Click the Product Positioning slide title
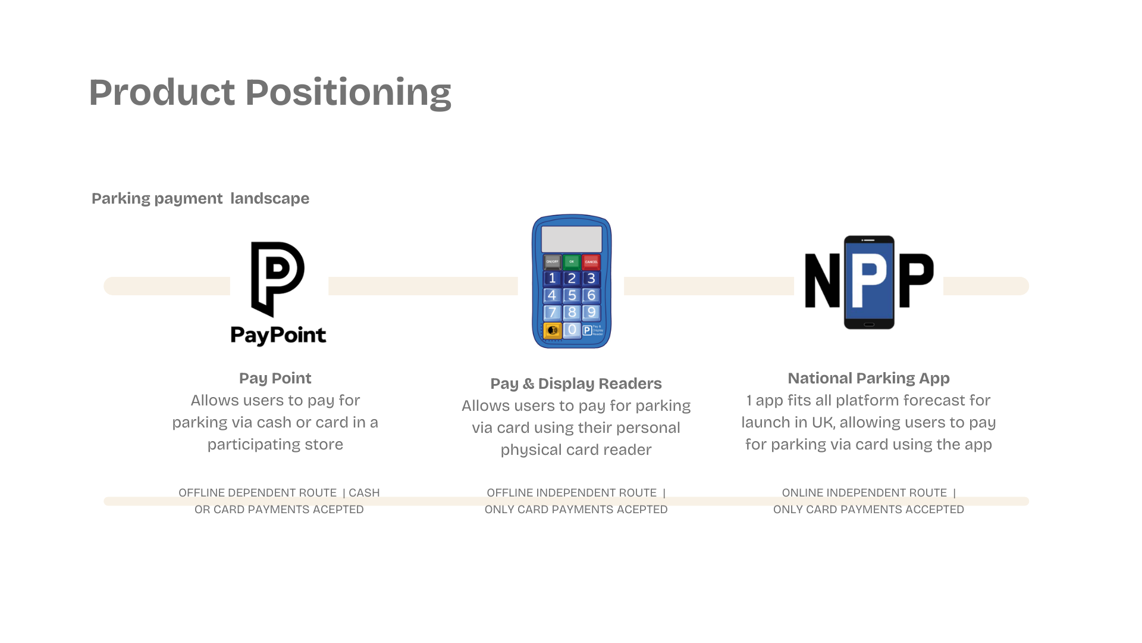[x=270, y=93]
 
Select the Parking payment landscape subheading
[x=200, y=198]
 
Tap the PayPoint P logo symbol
[x=277, y=277]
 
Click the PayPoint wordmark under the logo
[x=278, y=335]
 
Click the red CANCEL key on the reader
[x=591, y=261]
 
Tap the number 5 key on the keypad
[x=572, y=295]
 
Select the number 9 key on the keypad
[x=591, y=313]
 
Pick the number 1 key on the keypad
[x=552, y=278]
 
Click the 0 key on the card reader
[x=572, y=330]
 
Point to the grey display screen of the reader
[x=572, y=239]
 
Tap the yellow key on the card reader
[x=552, y=330]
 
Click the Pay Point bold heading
[x=275, y=378]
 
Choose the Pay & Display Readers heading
[x=576, y=383]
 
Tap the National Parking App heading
[x=868, y=378]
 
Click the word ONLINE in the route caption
[x=802, y=493]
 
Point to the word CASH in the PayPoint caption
[x=364, y=493]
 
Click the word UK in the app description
[x=822, y=423]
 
